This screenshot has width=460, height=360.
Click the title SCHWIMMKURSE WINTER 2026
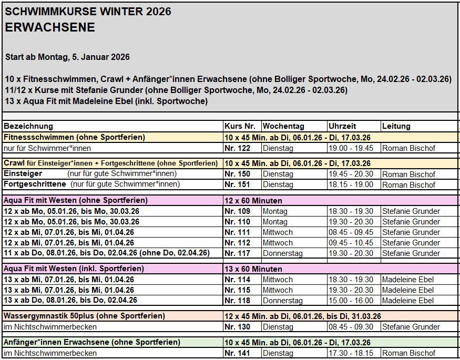pos(88,12)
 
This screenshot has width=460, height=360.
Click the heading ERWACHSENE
pos(50,28)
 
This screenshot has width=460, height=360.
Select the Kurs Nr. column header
pos(240,126)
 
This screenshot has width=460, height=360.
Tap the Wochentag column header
pos(283,126)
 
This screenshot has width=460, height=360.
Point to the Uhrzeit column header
pos(342,126)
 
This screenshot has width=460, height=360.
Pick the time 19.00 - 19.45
pos(351,148)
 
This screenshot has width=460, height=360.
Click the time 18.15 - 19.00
pos(351,184)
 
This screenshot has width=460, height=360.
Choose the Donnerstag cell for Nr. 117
pos(283,253)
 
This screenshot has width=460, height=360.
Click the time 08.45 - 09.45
pos(351,232)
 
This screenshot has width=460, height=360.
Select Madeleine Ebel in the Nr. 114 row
pos(408,280)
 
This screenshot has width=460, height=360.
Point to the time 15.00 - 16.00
pos(351,301)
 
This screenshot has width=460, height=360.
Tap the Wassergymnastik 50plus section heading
pos(84,316)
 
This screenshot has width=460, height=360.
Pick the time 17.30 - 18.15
pos(351,353)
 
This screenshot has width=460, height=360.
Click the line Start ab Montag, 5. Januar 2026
pos(67,57)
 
